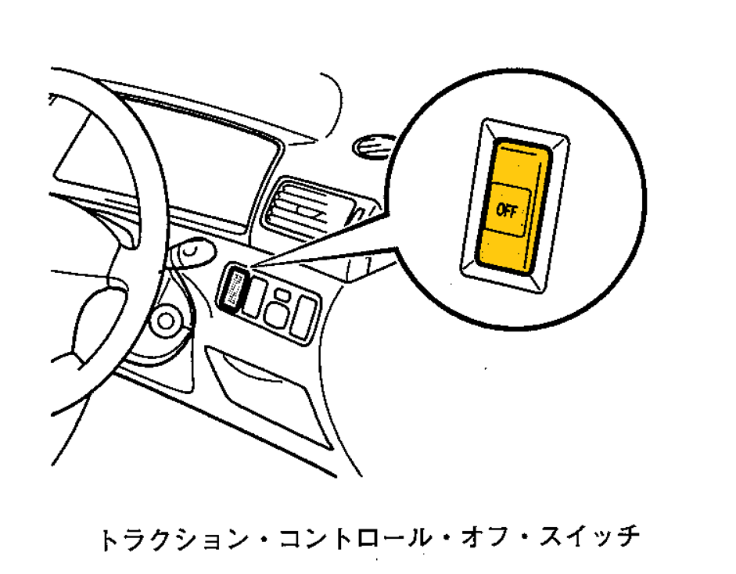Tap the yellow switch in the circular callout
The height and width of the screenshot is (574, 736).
513,206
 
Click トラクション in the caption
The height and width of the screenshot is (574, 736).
173,538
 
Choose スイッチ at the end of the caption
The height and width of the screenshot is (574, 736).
590,538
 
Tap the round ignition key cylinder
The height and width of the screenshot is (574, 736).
166,322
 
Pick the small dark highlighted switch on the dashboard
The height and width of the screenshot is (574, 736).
233,289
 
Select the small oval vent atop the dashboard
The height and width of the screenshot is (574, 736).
373,146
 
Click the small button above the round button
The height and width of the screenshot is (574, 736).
282,294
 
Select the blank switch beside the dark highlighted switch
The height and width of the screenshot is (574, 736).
254,298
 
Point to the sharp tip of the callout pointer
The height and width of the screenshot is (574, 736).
251,267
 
